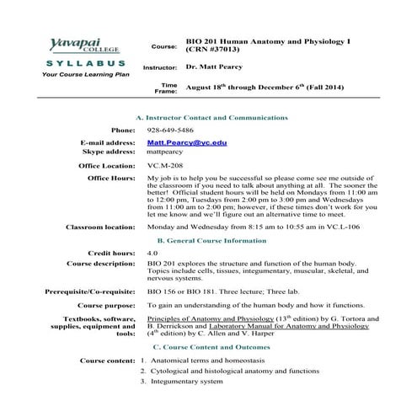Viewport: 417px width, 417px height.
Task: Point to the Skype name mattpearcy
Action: click(x=167, y=152)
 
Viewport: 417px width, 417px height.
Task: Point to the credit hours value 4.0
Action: click(x=152, y=253)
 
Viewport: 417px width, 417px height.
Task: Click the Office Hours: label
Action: click(x=111, y=179)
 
